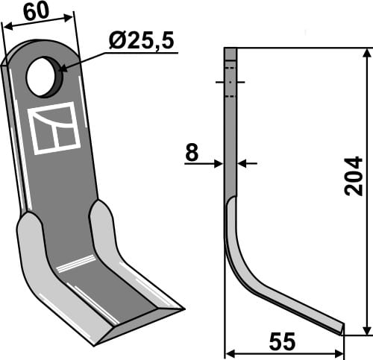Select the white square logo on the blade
point(54,128)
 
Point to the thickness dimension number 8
point(192,154)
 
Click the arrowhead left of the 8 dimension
point(219,163)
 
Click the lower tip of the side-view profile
point(342,329)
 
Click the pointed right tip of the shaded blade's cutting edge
point(181,306)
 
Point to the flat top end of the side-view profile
point(231,49)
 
